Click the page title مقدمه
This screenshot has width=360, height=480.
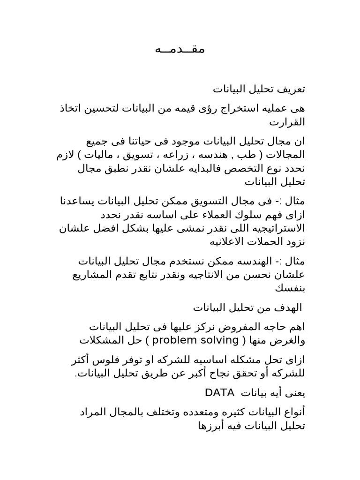[x=180, y=49]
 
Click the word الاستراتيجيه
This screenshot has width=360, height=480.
[x=273, y=228]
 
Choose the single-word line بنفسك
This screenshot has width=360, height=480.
[x=291, y=288]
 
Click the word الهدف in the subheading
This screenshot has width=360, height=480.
[x=288, y=308]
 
